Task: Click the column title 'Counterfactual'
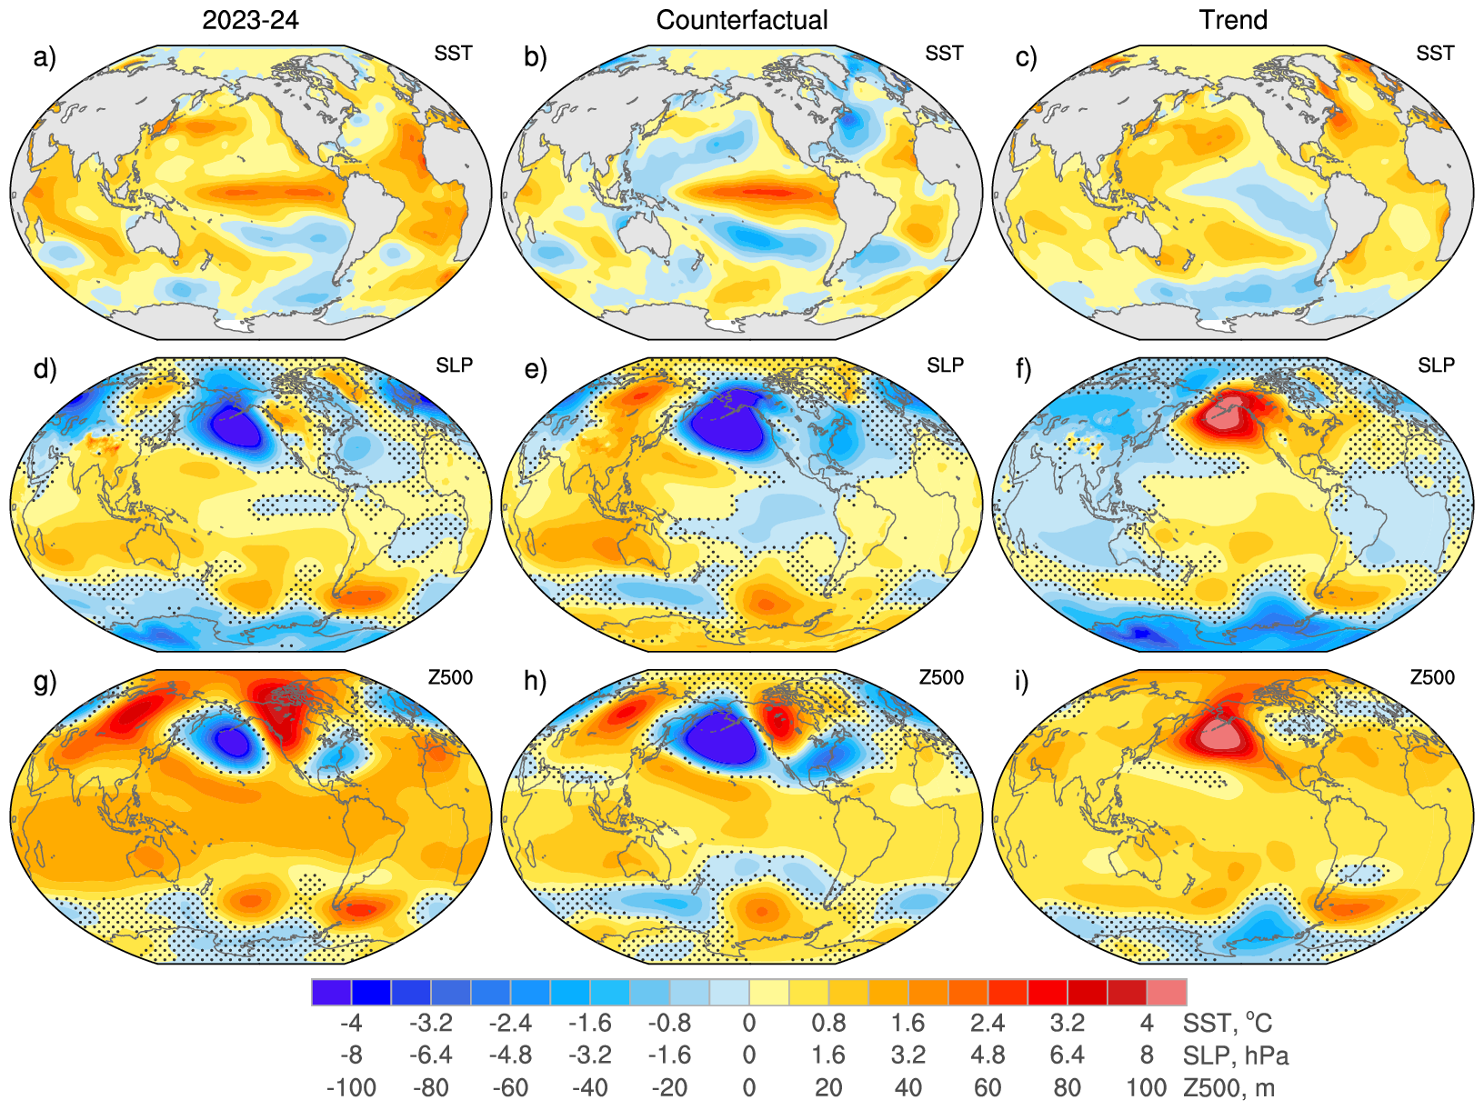click(x=741, y=20)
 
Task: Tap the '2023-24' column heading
click(x=250, y=20)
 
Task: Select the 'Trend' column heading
click(x=1232, y=20)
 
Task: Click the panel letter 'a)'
click(x=45, y=57)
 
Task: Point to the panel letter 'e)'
click(x=536, y=369)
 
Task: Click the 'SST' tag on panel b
click(x=944, y=54)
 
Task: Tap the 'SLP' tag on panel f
click(x=1436, y=365)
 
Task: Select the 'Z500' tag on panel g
click(x=450, y=677)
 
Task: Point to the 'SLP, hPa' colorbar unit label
click(x=1236, y=1055)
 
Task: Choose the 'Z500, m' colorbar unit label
click(x=1228, y=1087)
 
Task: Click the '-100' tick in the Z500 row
click(x=351, y=1087)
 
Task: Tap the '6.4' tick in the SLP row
click(x=1067, y=1055)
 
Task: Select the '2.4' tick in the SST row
click(x=988, y=1024)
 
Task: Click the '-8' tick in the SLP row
click(x=351, y=1055)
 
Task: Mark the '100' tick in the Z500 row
click(x=1146, y=1087)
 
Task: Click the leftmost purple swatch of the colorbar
click(x=331, y=992)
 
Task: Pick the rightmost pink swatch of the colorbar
click(x=1166, y=992)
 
